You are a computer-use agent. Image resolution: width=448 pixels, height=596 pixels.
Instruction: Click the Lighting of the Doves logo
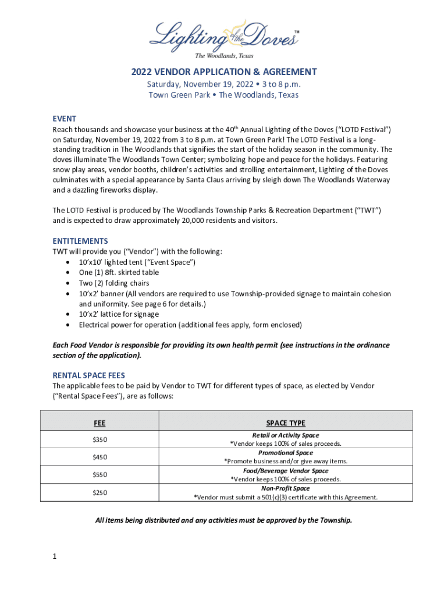(224, 38)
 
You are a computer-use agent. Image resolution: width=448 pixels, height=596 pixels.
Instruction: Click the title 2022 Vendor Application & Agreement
(224, 72)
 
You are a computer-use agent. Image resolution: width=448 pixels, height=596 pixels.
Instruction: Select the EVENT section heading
(65, 118)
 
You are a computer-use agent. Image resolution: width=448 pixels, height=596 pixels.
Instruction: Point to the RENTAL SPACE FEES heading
(88, 375)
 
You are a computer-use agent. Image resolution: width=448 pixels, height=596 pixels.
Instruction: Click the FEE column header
(100, 423)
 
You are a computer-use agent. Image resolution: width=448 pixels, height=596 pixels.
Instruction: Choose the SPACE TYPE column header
(286, 423)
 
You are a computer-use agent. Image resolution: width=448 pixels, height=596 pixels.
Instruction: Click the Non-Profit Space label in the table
(286, 489)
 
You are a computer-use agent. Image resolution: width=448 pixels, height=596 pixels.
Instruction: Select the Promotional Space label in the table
(286, 453)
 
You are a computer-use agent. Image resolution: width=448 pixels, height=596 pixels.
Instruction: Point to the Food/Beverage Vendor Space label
(286, 471)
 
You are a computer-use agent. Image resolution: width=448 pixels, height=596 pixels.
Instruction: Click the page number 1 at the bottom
(54, 556)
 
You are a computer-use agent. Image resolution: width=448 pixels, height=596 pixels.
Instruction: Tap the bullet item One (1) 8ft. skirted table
(119, 272)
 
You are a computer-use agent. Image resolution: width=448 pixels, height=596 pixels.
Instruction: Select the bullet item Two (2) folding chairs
(114, 283)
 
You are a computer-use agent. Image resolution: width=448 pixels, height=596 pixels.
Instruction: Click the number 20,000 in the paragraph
(222, 221)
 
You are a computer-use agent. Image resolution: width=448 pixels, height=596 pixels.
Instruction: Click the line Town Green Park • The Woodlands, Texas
(224, 95)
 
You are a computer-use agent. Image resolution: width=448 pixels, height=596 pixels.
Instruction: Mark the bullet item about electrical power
(190, 325)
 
